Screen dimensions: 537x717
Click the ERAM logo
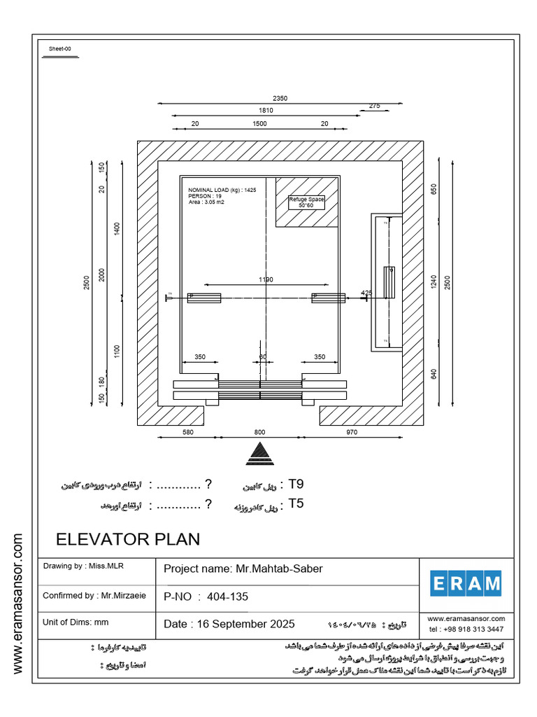pyautogui.click(x=466, y=583)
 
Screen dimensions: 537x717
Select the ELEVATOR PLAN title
pyautogui.click(x=128, y=539)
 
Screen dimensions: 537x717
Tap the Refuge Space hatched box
pyautogui.click(x=307, y=202)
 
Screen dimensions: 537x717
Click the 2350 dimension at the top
pyautogui.click(x=280, y=99)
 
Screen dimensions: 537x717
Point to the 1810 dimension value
pyautogui.click(x=266, y=111)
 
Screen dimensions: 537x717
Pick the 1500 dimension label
pyautogui.click(x=259, y=123)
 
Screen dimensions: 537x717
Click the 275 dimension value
pyautogui.click(x=374, y=106)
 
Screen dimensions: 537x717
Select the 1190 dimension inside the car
pyautogui.click(x=266, y=280)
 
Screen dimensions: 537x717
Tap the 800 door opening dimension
pyautogui.click(x=260, y=433)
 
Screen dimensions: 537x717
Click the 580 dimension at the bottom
pyautogui.click(x=187, y=433)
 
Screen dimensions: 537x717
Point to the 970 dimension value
pyautogui.click(x=352, y=433)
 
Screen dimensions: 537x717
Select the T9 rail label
pyautogui.click(x=296, y=485)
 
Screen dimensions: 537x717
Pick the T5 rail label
pyautogui.click(x=296, y=503)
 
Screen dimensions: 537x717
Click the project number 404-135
pyautogui.click(x=227, y=597)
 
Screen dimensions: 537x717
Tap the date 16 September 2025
pyautogui.click(x=229, y=624)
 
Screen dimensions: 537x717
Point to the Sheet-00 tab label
pyautogui.click(x=59, y=49)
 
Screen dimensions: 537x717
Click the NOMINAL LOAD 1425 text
pyautogui.click(x=222, y=190)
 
